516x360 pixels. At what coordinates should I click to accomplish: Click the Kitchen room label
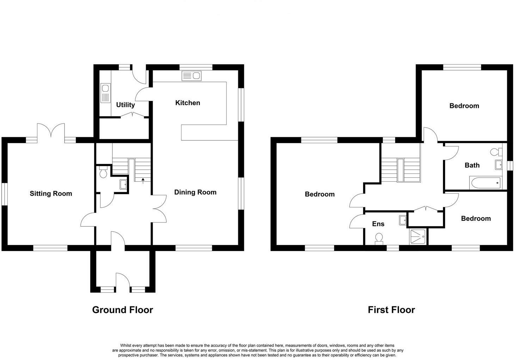[188, 103]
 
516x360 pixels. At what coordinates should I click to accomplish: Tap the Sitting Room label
[51, 193]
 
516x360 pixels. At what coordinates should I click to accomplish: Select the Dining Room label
[195, 192]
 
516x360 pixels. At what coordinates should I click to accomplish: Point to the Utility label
[125, 105]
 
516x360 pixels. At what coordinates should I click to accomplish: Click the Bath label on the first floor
[472, 165]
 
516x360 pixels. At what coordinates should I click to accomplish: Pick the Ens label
[378, 224]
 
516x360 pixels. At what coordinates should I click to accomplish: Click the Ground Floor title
[122, 310]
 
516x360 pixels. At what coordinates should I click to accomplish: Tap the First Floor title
[391, 310]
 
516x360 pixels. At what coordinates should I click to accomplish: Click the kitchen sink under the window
[191, 75]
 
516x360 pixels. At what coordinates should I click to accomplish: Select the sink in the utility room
[105, 93]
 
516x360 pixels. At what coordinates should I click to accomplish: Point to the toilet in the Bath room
[497, 152]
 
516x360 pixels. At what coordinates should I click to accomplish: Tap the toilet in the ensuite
[379, 238]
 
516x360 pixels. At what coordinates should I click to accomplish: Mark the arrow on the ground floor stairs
[143, 181]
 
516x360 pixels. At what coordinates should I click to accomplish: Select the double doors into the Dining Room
[159, 208]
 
